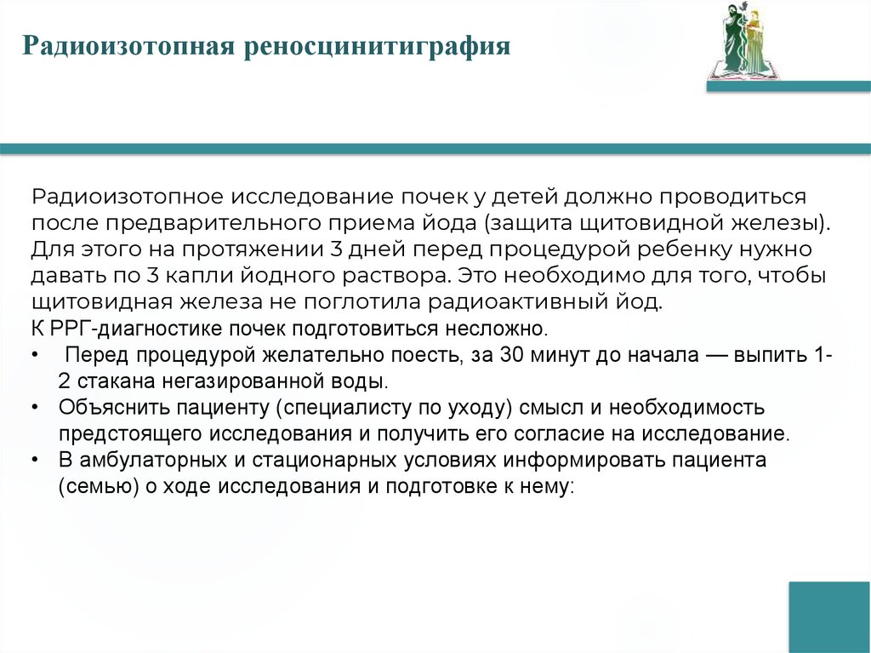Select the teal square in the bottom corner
828,616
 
